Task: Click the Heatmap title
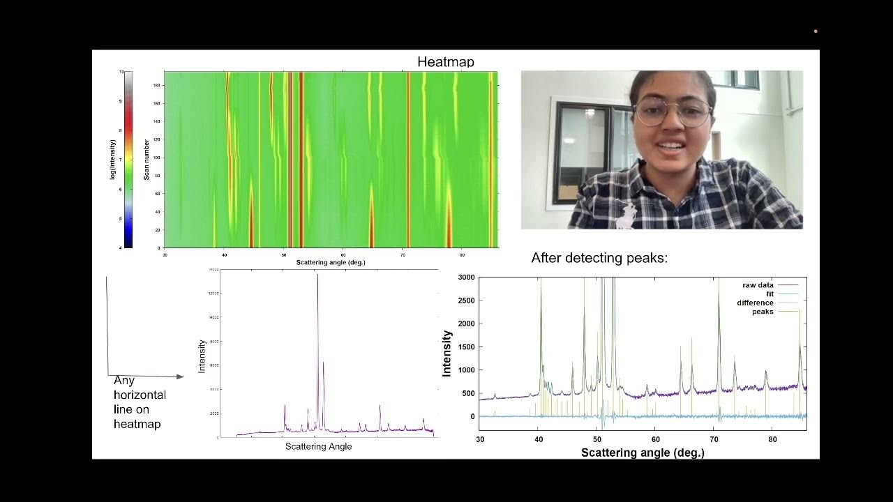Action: coord(445,62)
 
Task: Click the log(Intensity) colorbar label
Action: coord(112,160)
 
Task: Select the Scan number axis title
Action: coord(147,160)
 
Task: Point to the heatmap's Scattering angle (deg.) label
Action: coord(330,262)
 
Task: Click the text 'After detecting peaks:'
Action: coord(599,258)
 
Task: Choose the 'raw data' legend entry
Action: coord(758,285)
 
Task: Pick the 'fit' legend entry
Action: coord(770,294)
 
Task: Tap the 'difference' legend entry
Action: coord(755,303)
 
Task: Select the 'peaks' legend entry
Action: coord(763,312)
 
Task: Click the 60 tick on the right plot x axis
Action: coord(655,439)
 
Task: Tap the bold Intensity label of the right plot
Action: coord(447,353)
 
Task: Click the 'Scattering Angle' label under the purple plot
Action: coord(318,446)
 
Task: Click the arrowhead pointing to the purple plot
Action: coord(180,376)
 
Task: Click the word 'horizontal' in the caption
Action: coord(140,395)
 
